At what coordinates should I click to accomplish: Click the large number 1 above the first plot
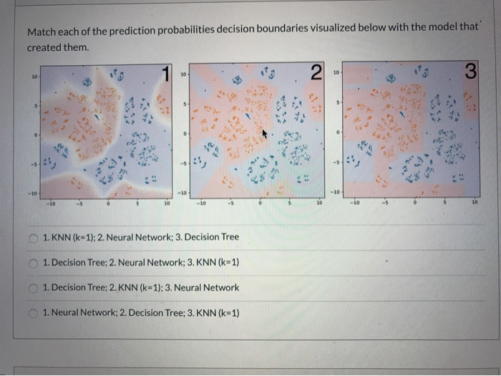click(x=166, y=72)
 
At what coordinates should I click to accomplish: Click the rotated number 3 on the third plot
click(x=470, y=72)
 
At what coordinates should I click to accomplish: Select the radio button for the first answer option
click(x=34, y=237)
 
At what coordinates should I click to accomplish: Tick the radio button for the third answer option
click(x=34, y=287)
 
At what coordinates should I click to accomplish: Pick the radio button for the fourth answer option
click(x=34, y=313)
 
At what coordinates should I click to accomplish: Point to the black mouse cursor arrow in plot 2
click(x=264, y=133)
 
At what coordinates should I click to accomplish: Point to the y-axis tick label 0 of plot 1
click(x=34, y=134)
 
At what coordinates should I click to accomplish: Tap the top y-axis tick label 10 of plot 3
click(x=336, y=74)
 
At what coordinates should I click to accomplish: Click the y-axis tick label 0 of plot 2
click(x=185, y=134)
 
